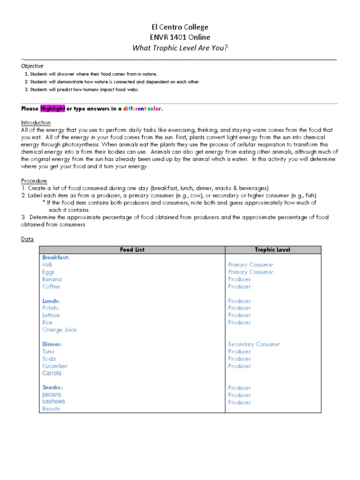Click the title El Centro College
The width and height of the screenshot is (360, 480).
point(180,27)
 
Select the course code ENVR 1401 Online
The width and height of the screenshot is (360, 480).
point(180,37)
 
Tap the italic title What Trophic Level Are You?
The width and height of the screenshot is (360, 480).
point(180,48)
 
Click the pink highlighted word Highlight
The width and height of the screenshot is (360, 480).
point(52,109)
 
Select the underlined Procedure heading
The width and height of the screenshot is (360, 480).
point(34,181)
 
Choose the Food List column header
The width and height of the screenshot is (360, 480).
point(133,250)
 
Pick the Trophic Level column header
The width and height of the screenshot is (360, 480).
point(273,250)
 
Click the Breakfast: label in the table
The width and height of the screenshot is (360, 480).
point(55,257)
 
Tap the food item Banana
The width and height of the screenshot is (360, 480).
point(52,279)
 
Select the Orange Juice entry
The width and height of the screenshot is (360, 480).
point(59,330)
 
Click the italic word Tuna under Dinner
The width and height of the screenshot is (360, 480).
point(48,352)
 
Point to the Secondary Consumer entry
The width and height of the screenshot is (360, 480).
point(254,344)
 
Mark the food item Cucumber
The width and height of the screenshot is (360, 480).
point(55,366)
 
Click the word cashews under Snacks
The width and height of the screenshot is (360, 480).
point(53,402)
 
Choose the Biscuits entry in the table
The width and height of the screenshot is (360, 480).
point(51,409)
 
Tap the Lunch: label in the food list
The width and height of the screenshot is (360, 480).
point(51,301)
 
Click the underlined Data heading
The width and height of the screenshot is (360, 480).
point(27,239)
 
